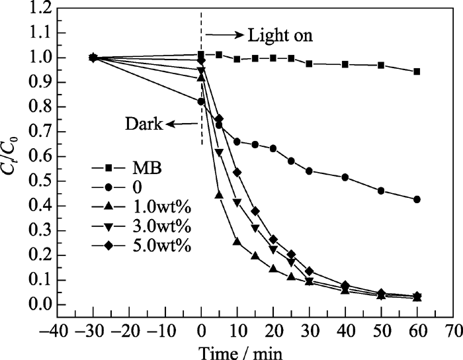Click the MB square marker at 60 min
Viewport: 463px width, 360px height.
point(417,71)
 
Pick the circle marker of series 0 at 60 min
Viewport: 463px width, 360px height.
point(417,199)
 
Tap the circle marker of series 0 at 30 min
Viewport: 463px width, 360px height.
point(309,171)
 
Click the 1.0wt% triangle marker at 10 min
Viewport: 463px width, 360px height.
point(237,242)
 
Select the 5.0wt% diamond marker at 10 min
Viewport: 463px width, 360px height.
point(237,172)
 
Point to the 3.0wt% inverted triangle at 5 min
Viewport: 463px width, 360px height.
point(219,153)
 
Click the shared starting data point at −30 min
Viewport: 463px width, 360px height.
point(93,58)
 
